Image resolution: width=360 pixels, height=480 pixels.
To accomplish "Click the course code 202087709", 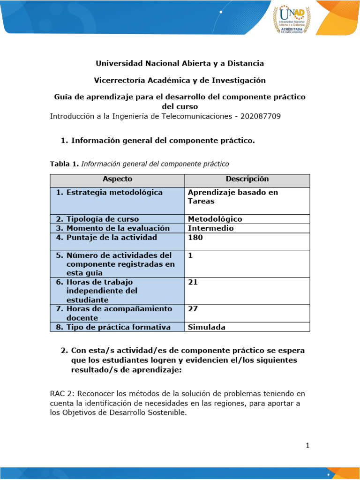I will (260, 116).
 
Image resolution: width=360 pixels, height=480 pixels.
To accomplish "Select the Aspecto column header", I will (117, 179).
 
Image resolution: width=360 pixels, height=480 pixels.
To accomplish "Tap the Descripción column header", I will (247, 179).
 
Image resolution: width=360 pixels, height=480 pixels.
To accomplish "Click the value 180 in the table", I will (195, 238).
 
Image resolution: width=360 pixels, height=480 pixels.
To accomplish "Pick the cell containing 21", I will (192, 282).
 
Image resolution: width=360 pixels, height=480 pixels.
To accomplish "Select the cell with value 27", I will (192, 309).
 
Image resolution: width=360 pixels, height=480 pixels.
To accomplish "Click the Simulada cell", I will (206, 327).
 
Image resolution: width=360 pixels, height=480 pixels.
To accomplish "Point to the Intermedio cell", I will (210, 228).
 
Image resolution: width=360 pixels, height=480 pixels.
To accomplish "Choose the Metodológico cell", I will (215, 219).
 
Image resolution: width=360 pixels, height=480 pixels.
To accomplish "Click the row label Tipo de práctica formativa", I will (118, 327).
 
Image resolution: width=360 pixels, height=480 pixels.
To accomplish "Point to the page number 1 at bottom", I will (307, 446).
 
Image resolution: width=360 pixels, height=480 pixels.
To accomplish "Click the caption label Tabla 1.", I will (64, 164).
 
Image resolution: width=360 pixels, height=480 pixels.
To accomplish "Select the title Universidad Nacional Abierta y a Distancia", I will (180, 63).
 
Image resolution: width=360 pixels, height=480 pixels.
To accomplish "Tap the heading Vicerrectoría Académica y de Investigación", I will (180, 80).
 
